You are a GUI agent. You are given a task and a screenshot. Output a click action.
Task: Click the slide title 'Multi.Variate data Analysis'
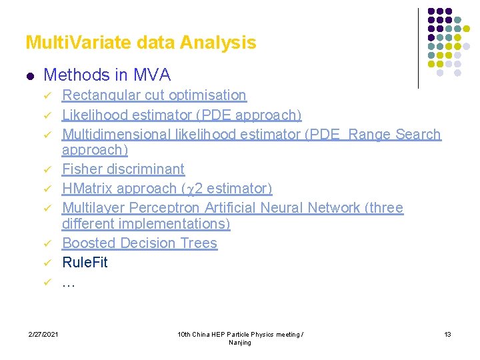click(141, 43)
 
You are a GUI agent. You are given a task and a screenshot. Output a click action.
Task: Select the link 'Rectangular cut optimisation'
click(154, 95)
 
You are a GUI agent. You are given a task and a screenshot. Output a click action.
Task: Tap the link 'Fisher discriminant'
click(123, 169)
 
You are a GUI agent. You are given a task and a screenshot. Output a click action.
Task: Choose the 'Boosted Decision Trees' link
click(139, 243)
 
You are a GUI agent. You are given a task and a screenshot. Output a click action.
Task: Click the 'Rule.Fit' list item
click(85, 262)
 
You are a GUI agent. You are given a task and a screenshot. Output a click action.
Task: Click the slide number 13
click(447, 334)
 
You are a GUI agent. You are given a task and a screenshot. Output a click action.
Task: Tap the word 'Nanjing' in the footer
click(240, 343)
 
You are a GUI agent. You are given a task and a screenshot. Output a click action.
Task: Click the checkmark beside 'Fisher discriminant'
click(48, 170)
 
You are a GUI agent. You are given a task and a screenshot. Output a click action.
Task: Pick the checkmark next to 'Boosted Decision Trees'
click(48, 244)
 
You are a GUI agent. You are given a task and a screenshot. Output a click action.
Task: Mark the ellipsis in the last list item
click(69, 282)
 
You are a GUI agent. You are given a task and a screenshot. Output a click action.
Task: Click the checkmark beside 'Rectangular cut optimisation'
click(48, 96)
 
